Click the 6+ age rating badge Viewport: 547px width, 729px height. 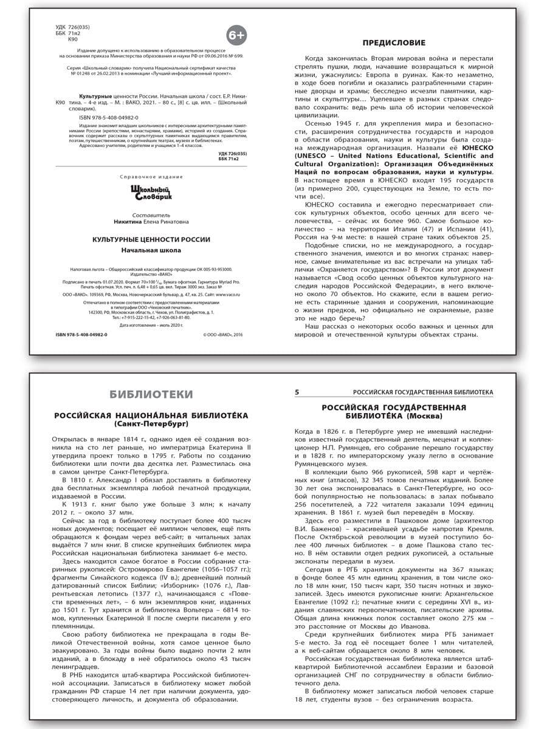click(x=236, y=36)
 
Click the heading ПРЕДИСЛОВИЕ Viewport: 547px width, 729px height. click(x=394, y=43)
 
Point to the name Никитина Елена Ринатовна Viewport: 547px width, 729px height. click(x=151, y=222)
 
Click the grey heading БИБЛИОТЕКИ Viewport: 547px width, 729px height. click(x=151, y=394)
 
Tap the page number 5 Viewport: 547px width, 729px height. click(x=297, y=392)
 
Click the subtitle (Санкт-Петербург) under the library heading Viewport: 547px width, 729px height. click(x=151, y=422)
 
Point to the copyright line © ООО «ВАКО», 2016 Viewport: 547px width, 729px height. click(x=222, y=335)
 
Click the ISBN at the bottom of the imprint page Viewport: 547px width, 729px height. click(x=77, y=335)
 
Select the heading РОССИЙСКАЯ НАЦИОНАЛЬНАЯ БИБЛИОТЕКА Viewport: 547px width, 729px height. click(x=151, y=414)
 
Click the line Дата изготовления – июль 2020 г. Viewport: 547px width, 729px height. click(x=151, y=326)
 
